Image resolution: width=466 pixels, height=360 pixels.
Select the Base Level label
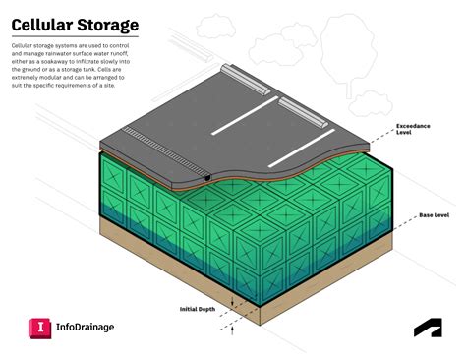pos(434,214)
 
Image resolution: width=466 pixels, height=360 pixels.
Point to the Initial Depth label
pos(198,309)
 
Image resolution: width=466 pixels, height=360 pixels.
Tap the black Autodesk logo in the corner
pos(426,330)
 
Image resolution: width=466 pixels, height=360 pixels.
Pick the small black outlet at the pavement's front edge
pos(208,178)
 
